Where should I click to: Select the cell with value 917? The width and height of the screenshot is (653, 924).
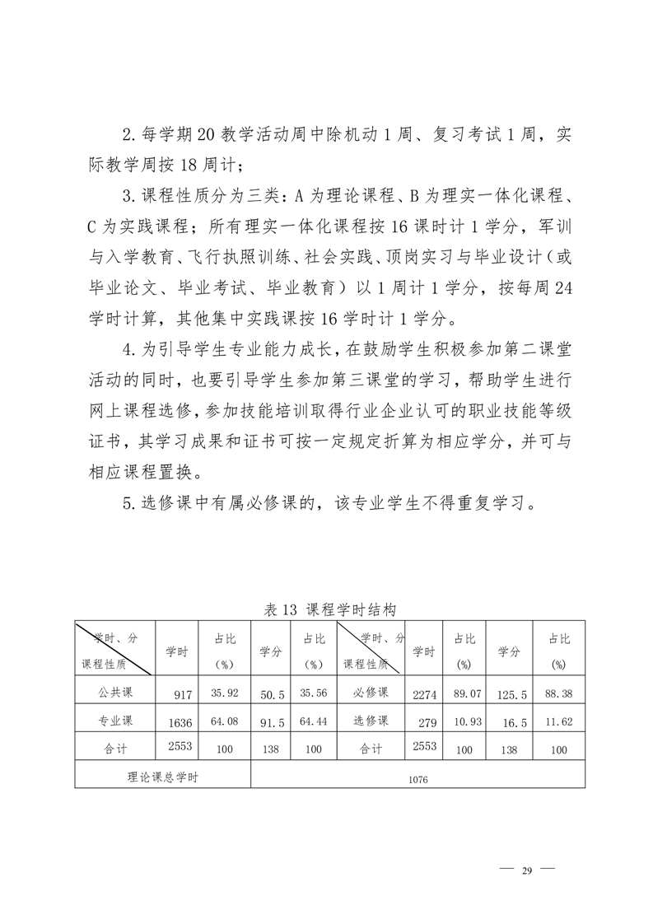coord(183,695)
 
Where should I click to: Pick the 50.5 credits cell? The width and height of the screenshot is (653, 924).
coord(271,695)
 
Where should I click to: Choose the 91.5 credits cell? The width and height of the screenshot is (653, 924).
coord(271,723)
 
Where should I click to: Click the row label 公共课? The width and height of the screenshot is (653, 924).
coord(114,693)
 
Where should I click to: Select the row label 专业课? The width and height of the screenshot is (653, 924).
coord(114,721)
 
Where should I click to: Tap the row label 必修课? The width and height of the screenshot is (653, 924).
coord(371,693)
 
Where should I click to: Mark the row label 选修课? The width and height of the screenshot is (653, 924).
coord(371,721)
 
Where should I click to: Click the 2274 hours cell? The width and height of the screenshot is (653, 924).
coord(424,695)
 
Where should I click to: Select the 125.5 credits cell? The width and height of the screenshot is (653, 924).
coord(511,695)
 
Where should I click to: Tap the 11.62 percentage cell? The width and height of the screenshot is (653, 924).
coord(558,722)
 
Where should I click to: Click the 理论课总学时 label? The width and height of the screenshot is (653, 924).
coord(163,775)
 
